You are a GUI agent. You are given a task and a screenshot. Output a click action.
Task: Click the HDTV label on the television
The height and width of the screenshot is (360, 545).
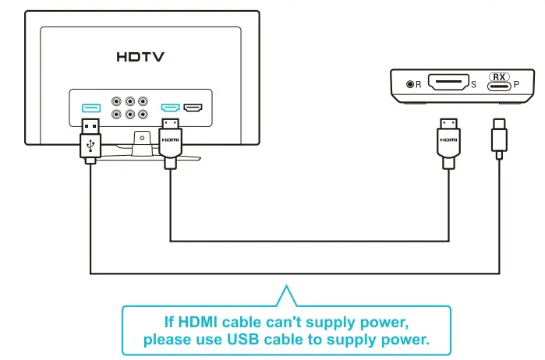coord(140,57)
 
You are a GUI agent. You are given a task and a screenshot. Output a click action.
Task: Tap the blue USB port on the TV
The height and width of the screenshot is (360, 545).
coord(90,106)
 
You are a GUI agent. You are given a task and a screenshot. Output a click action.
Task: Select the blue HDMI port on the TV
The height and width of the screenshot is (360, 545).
coord(170,107)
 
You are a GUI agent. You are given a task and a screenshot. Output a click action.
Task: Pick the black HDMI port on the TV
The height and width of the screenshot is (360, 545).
coord(193,107)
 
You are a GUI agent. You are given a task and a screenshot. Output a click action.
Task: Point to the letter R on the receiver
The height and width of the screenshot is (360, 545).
coord(418,84)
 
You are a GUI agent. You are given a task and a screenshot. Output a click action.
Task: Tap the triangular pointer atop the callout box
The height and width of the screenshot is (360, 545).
coord(285,296)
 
